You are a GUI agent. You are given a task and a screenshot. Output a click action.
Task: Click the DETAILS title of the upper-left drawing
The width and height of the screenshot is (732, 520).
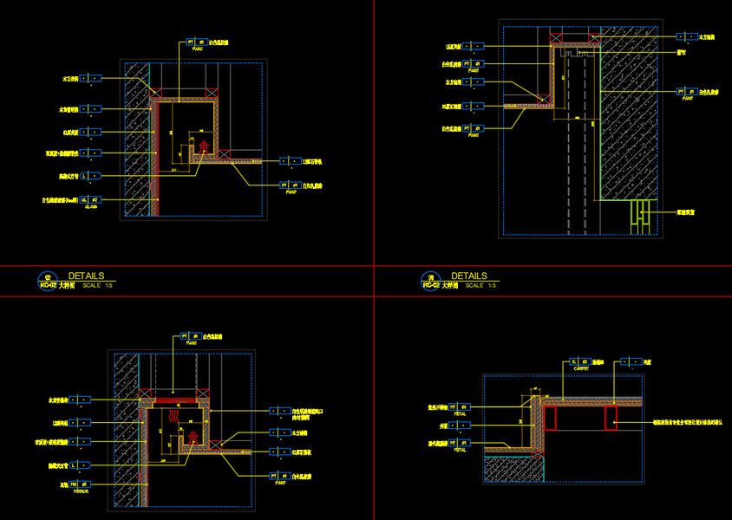[86, 276]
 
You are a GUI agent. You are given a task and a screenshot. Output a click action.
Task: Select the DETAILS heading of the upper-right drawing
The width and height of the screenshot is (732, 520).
[469, 276]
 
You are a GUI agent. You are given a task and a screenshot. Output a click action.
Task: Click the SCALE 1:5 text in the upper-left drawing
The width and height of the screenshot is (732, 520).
[98, 285]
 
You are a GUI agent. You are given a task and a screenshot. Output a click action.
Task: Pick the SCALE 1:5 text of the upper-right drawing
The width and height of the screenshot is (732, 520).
[480, 285]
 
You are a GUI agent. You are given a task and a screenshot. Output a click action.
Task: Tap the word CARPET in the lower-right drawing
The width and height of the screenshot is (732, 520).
[580, 368]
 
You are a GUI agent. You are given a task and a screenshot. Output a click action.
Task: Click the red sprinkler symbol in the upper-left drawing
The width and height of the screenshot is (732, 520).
[204, 146]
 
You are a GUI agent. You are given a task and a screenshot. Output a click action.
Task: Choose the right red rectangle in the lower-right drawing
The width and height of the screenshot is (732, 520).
[611, 419]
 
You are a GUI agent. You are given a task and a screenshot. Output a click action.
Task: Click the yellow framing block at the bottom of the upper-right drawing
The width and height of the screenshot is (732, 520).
[641, 215]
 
